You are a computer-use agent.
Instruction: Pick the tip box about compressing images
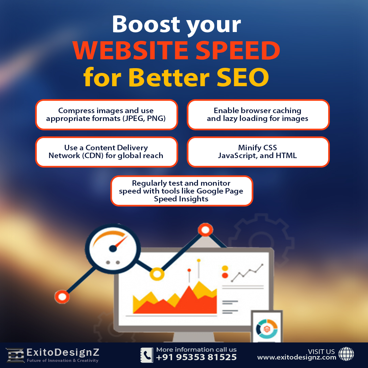[107, 115]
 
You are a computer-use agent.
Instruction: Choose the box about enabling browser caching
[258, 115]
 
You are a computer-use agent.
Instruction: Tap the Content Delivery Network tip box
[107, 152]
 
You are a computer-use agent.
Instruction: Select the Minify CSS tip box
[258, 152]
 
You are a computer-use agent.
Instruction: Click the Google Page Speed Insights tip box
[182, 191]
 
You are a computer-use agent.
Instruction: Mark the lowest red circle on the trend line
[62, 297]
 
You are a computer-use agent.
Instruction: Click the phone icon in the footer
[147, 355]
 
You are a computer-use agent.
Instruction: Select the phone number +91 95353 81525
[196, 358]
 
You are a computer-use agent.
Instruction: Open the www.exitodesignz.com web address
[296, 357]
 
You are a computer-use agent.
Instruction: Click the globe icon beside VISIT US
[346, 354]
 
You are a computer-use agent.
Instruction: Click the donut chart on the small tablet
[267, 328]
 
